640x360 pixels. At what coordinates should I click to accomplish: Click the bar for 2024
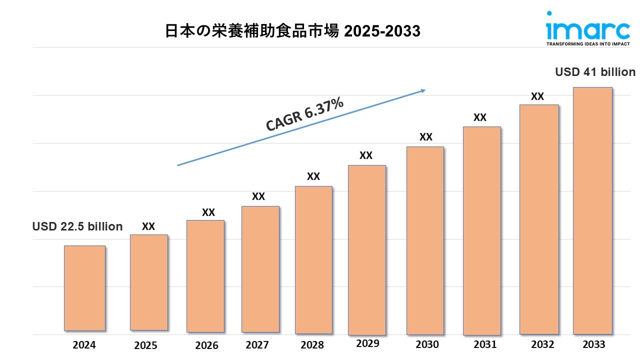pos(84,288)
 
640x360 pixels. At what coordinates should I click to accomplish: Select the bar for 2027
pos(260,269)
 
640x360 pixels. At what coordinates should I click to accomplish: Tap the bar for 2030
pos(425,240)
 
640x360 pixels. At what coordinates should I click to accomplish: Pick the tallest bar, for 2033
pos(592,210)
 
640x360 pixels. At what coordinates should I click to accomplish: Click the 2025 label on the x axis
pos(145,345)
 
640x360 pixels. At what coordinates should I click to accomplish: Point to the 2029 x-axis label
pos(368,343)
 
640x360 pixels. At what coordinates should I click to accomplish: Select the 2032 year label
pos(542,344)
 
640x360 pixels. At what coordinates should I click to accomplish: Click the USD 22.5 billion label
pos(77,226)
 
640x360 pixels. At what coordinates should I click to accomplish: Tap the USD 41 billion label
pos(595,72)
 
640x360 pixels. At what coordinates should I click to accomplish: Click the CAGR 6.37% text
pos(304,115)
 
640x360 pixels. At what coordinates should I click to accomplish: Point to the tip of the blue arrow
pos(424,90)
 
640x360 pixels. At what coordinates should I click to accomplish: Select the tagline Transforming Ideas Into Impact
pos(587,44)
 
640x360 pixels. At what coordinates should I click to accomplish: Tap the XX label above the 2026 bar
pos(208,212)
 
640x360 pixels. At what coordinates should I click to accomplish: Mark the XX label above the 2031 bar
pos(480,117)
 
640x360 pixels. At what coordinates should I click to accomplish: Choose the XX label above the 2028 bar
pos(313,176)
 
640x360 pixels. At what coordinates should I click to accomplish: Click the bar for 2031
pos(481,230)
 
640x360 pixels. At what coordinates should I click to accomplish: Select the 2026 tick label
pos(206,345)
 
